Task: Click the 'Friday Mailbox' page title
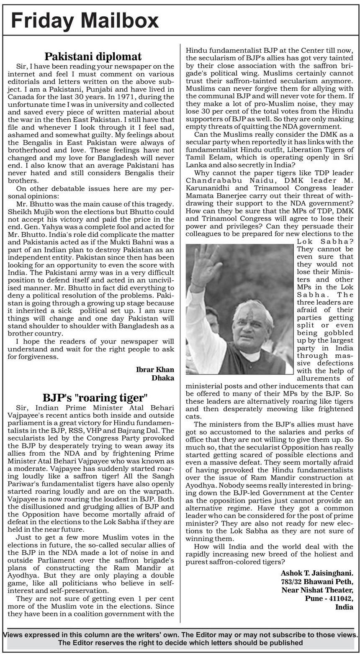(85, 21)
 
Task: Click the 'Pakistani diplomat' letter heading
(93, 56)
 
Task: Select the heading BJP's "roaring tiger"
(95, 398)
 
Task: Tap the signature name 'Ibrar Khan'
(155, 369)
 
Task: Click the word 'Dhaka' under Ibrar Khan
(163, 378)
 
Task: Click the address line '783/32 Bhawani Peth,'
(317, 582)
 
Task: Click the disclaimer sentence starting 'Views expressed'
(180, 634)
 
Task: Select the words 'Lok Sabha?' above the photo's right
(325, 241)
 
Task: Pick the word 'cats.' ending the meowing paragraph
(193, 417)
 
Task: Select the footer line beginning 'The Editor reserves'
(180, 643)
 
